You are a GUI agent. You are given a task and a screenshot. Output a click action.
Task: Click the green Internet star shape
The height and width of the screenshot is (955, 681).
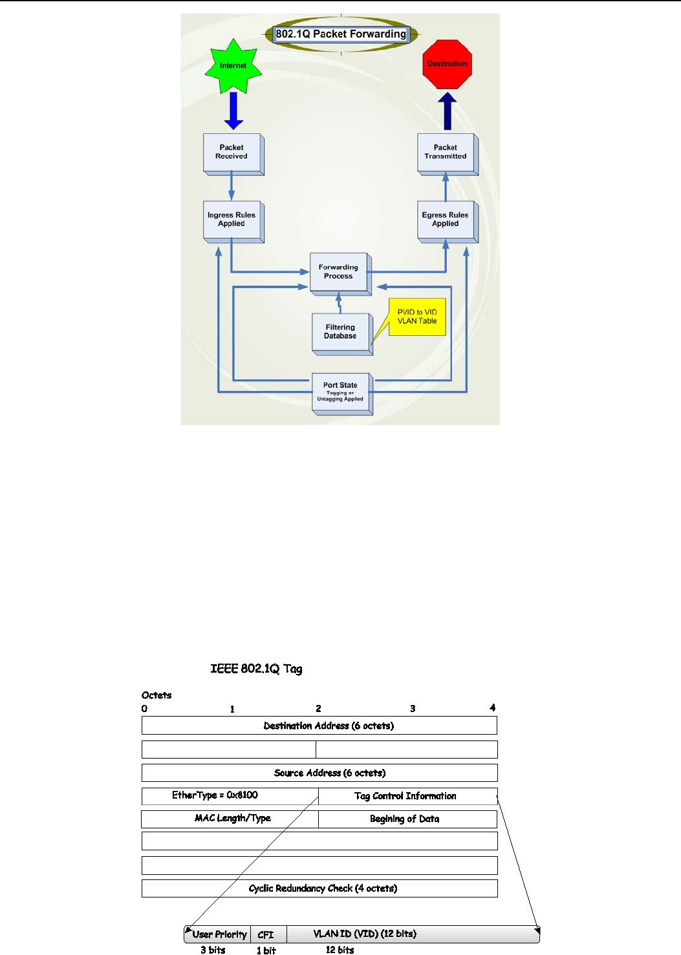(233, 65)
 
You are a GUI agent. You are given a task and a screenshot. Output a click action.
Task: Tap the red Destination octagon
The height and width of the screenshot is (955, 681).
(447, 64)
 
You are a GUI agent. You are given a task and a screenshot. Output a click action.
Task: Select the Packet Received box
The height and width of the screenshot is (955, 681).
(232, 152)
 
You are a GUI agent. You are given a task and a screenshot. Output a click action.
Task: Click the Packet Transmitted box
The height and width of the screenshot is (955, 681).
(446, 152)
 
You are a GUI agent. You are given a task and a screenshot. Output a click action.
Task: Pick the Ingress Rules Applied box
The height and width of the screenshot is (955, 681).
(232, 220)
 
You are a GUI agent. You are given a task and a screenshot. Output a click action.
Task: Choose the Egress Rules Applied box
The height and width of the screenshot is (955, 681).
(446, 220)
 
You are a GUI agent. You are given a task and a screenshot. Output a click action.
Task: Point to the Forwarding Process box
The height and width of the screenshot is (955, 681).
(339, 272)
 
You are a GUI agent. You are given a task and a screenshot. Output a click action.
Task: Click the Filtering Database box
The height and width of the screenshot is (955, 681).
(341, 332)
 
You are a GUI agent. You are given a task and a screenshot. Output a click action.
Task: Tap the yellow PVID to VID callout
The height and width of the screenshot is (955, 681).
(417, 317)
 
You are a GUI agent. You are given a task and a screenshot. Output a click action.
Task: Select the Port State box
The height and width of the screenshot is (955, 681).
(341, 392)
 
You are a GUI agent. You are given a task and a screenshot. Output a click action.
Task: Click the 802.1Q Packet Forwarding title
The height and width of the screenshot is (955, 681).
(341, 34)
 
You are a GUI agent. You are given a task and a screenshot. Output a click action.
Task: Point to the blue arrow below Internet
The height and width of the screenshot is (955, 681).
(233, 110)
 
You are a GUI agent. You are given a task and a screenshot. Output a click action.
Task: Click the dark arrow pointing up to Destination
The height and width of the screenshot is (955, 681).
(447, 111)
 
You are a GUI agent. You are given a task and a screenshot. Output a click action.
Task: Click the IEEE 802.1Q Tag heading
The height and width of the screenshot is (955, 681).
(256, 669)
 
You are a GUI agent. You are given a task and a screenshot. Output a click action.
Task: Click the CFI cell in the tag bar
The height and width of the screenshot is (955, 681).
(266, 934)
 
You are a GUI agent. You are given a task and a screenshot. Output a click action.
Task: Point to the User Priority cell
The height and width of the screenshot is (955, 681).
(219, 934)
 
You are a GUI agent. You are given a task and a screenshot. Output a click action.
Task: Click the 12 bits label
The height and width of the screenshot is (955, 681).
(340, 950)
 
